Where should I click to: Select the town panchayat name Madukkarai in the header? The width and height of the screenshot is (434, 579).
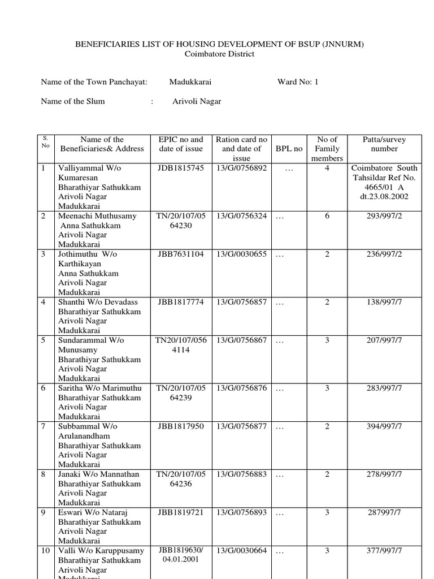tap(190, 82)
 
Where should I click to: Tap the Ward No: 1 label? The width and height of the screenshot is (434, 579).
tap(298, 82)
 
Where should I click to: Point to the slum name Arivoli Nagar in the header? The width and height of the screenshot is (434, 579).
tap(197, 102)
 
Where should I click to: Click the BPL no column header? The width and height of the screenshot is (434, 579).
tap(289, 149)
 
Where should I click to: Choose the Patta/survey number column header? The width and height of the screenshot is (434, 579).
tap(384, 144)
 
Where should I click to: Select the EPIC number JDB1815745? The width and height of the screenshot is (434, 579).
tap(181, 168)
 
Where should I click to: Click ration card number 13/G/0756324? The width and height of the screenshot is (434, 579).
tap(241, 216)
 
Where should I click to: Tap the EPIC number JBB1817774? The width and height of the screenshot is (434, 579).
tap(181, 303)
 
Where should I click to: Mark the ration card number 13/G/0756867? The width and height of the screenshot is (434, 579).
tap(241, 340)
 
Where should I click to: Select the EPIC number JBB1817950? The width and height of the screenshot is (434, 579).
tap(181, 426)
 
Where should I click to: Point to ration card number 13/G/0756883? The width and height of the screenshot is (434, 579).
tap(241, 474)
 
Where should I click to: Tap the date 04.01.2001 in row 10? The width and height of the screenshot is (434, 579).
tap(181, 560)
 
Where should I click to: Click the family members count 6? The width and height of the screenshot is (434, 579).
tap(327, 216)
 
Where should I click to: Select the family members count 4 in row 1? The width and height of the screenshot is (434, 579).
tap(327, 168)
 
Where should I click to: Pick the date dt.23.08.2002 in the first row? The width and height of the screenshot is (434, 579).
tap(384, 197)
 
